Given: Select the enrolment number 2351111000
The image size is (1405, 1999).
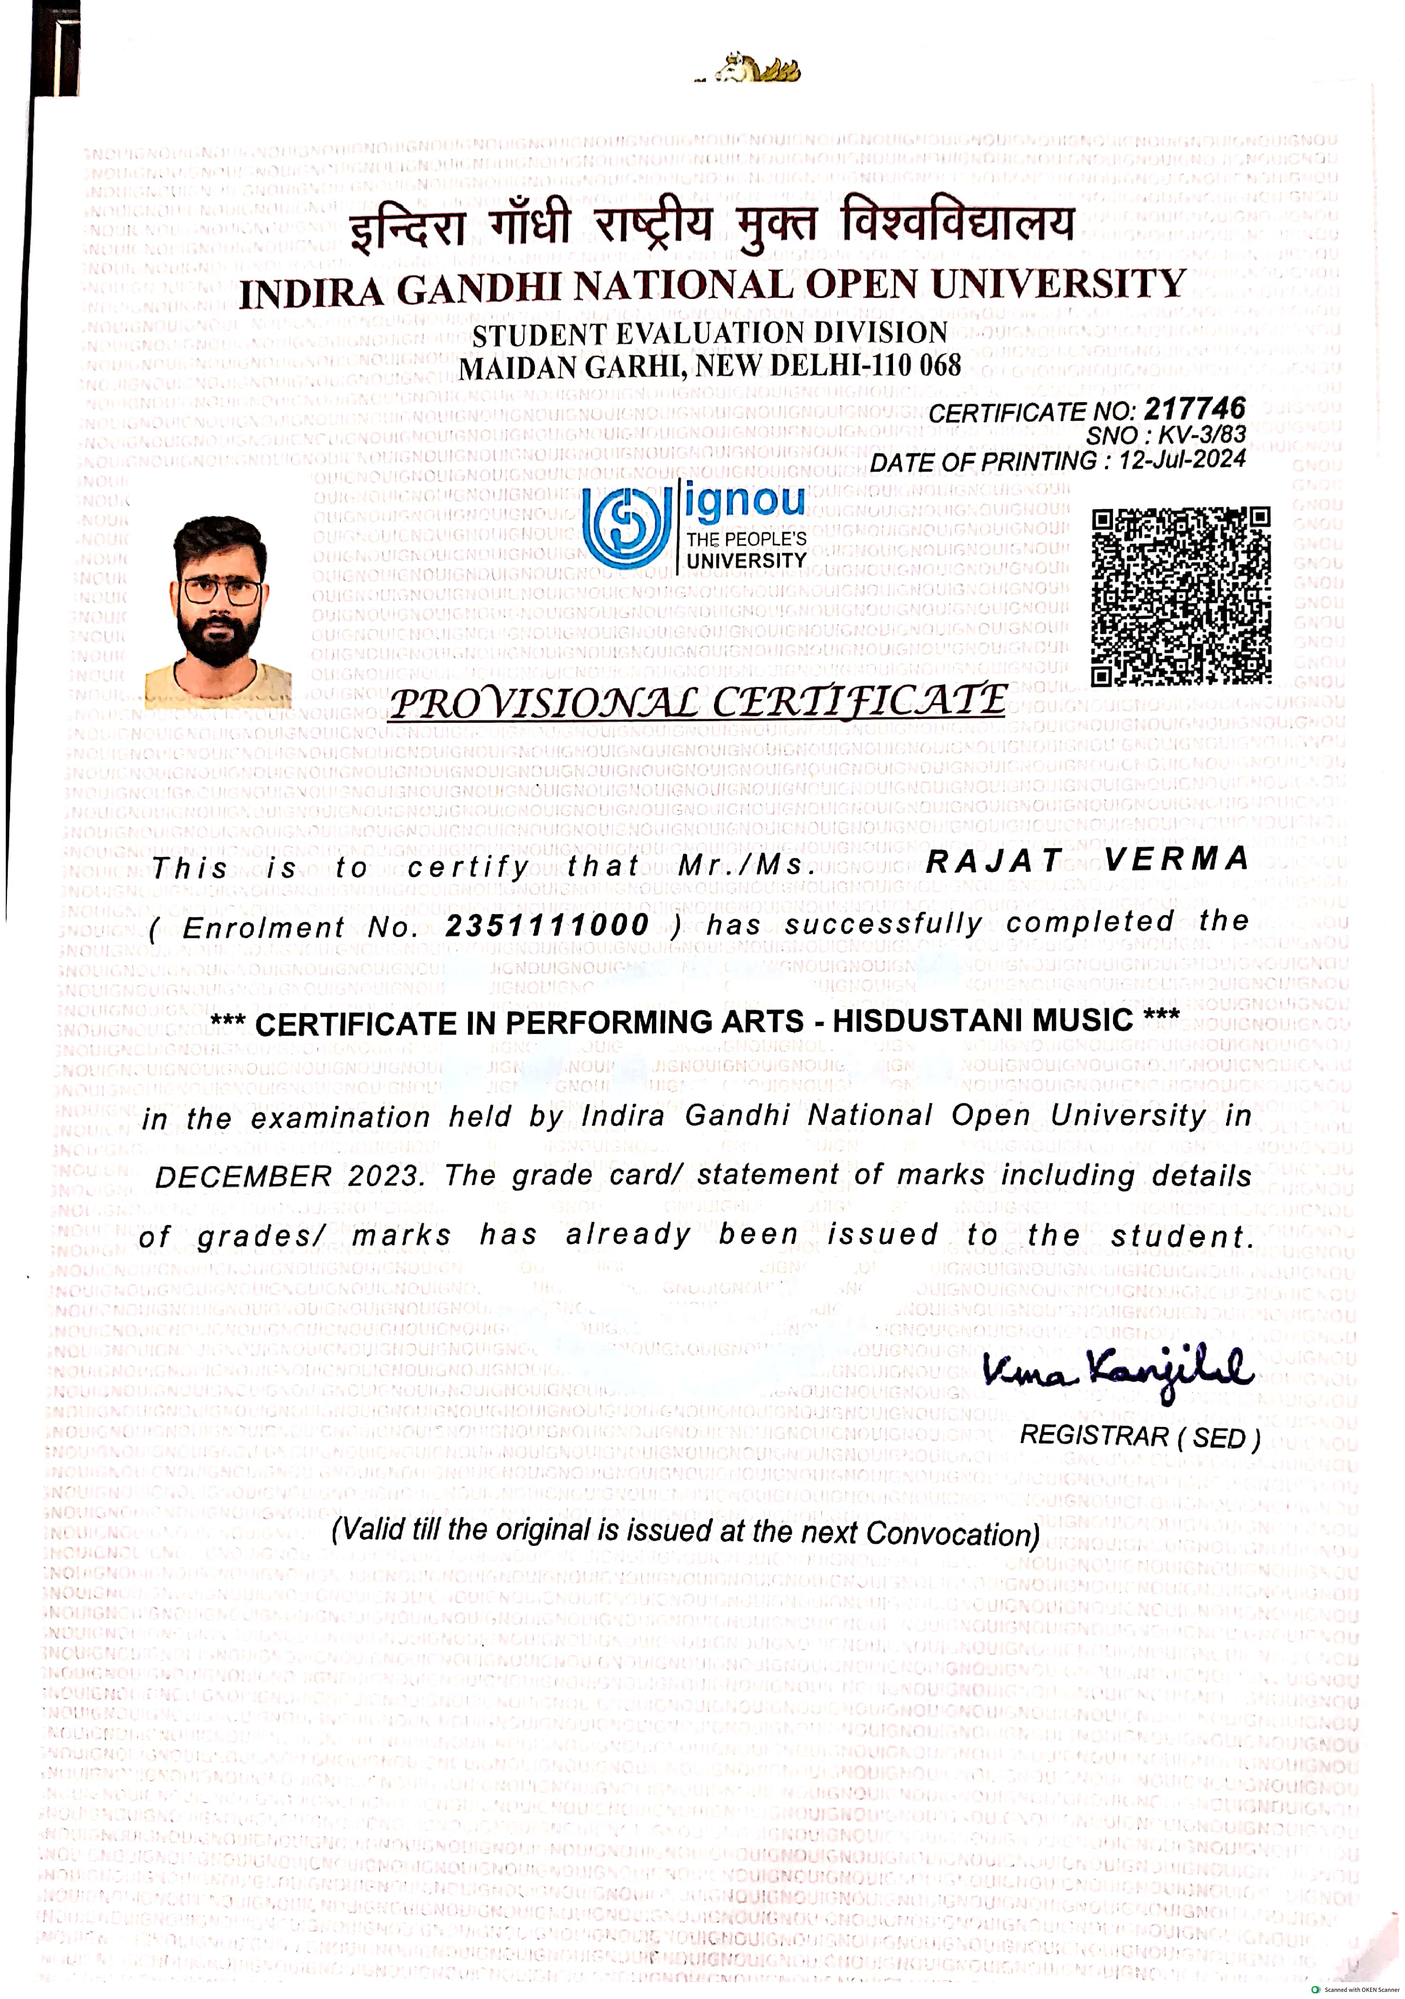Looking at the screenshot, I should click(x=547, y=925).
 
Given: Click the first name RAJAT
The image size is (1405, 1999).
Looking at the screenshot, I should click(x=994, y=861).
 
